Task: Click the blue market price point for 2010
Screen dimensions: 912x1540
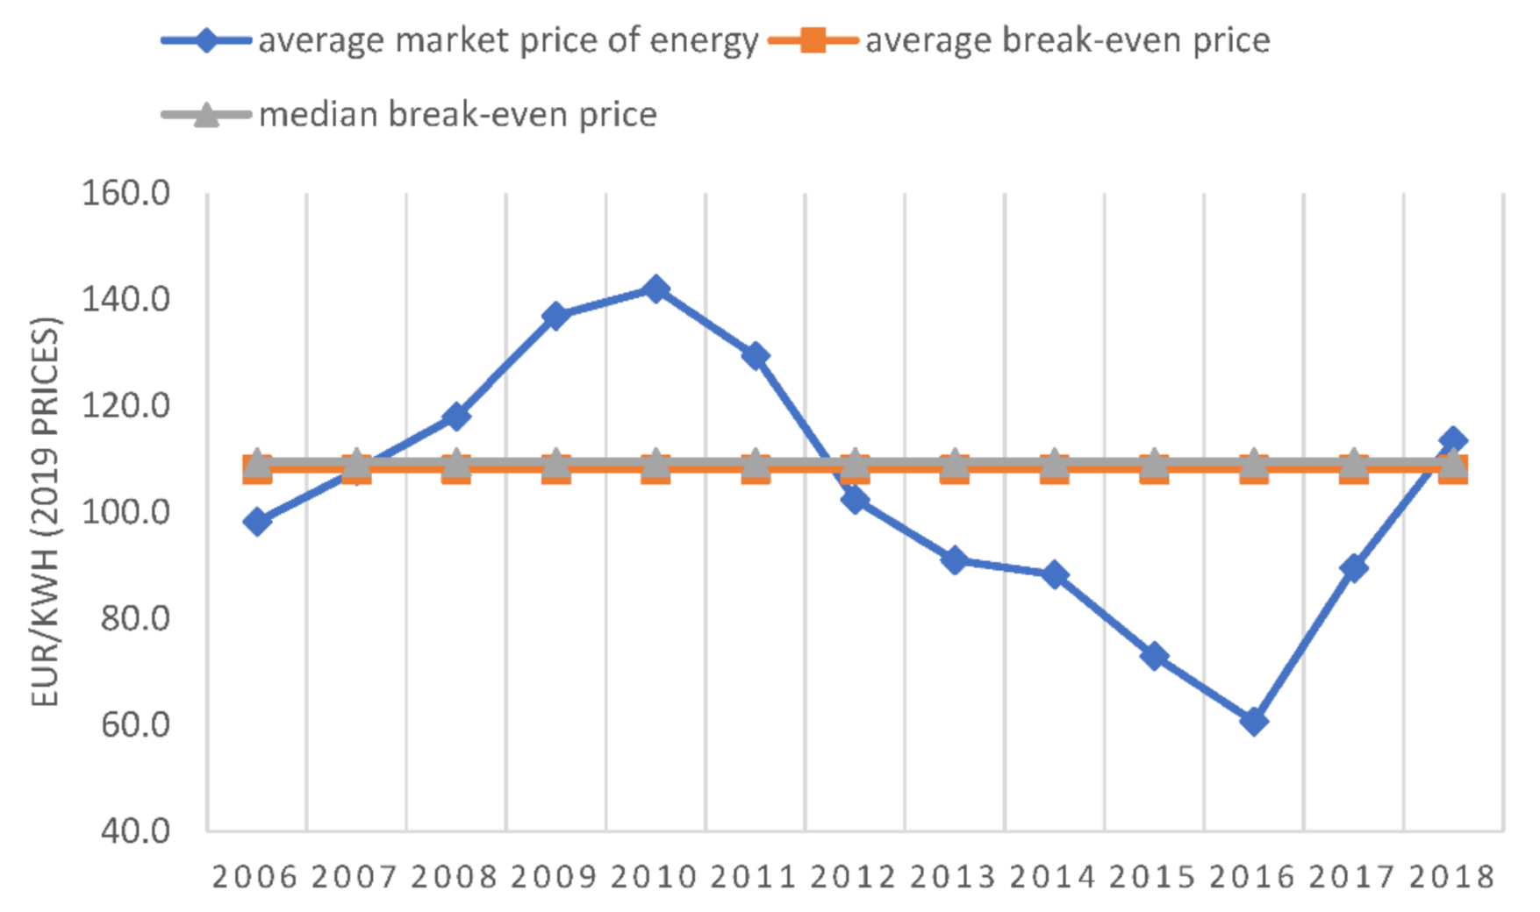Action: (655, 289)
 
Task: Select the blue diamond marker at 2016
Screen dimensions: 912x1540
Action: (1254, 722)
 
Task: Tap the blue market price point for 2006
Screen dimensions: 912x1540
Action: (257, 522)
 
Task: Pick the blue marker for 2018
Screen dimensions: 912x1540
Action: (1453, 440)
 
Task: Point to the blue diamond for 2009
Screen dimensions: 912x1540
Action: (555, 316)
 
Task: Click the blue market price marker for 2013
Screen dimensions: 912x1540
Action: (955, 560)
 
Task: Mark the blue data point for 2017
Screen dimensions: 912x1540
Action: (1354, 568)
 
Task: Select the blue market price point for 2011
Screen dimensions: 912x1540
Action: (756, 356)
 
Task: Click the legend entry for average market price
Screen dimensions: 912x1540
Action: (507, 41)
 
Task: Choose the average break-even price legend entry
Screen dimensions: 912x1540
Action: (1067, 41)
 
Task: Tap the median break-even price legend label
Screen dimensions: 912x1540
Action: (457, 115)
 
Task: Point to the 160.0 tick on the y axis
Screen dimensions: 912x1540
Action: (125, 193)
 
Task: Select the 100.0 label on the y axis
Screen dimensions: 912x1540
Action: (125, 511)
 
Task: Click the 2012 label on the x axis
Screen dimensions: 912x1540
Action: (854, 877)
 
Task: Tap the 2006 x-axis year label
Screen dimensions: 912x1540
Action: (255, 877)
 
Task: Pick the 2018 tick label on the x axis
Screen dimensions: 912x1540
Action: (1452, 877)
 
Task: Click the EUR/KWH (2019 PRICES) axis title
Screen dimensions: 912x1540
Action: (46, 511)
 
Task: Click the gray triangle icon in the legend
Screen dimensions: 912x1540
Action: (205, 115)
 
